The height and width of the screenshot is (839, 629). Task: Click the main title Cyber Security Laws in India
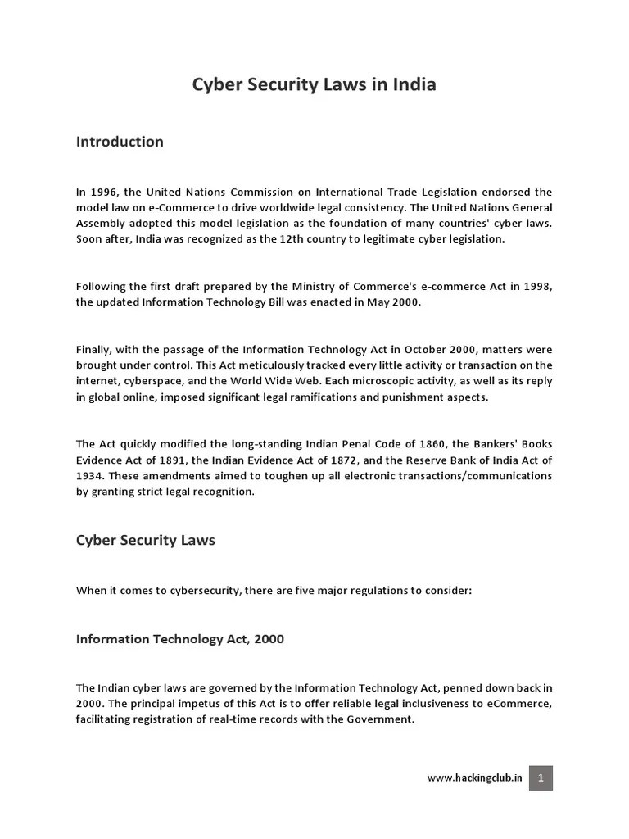click(314, 85)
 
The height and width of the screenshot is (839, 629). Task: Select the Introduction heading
click(120, 142)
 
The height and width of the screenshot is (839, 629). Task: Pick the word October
click(390, 350)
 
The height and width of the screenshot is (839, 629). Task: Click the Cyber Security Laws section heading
click(145, 541)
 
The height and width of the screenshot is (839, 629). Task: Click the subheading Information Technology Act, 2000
click(180, 639)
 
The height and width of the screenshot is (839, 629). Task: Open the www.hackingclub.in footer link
click(474, 778)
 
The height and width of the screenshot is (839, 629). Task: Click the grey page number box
click(541, 778)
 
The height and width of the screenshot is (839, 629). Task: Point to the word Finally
click(94, 350)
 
